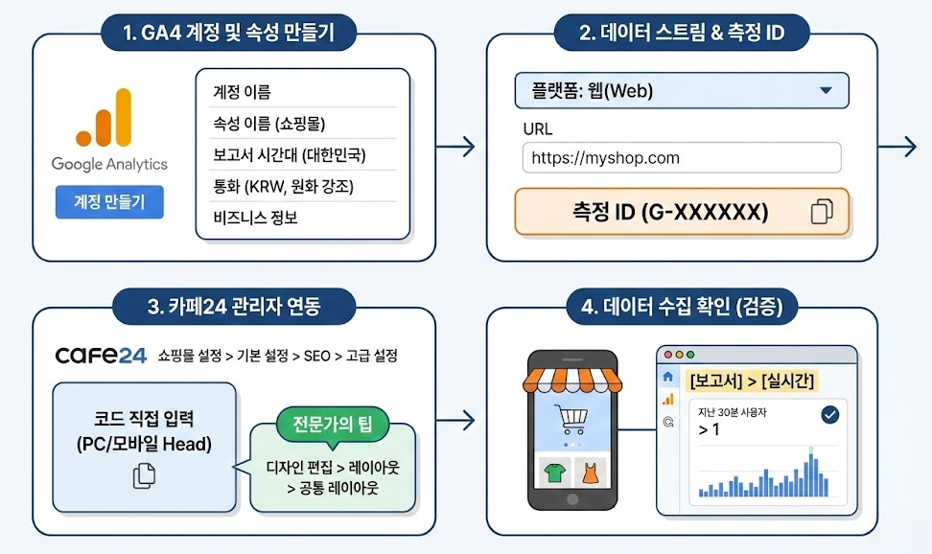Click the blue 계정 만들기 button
109,202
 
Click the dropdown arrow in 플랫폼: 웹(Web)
826,91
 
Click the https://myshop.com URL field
682,158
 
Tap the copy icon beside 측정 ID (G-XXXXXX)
822,212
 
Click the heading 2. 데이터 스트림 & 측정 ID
682,34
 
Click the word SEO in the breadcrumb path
317,356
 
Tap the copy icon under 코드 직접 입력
144,474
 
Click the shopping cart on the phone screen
571,419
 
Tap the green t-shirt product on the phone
553,472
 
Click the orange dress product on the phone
589,472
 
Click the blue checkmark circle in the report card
829,414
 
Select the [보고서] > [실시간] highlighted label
752,381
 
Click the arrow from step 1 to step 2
454,147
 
